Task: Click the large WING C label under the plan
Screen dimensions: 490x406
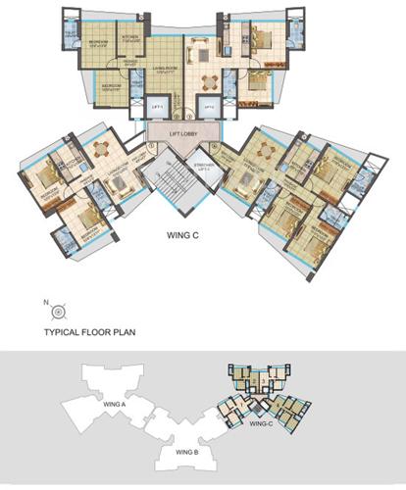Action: click(x=184, y=236)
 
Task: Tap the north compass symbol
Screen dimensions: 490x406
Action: click(x=59, y=311)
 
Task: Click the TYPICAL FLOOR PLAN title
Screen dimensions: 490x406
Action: click(x=90, y=333)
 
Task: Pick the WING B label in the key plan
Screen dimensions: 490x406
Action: click(x=187, y=453)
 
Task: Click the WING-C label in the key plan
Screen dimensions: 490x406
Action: click(x=260, y=425)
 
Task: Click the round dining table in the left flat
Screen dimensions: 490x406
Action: click(x=102, y=149)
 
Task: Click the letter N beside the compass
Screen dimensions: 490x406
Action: click(x=45, y=301)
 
